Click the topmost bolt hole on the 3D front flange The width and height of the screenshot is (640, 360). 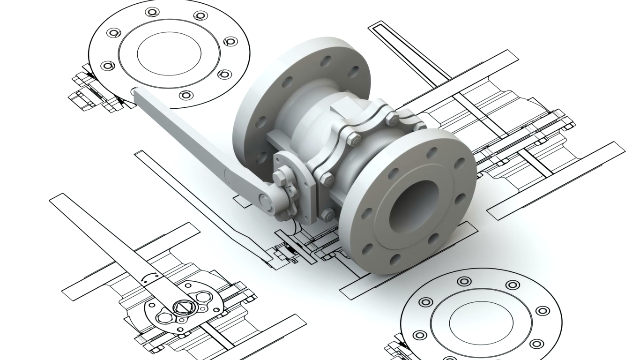click(432, 153)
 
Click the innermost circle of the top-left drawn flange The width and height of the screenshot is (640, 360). click(169, 53)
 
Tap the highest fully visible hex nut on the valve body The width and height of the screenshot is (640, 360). click(392, 119)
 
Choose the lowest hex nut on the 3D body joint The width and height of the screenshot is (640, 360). click(327, 215)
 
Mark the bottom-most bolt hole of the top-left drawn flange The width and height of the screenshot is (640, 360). click(186, 95)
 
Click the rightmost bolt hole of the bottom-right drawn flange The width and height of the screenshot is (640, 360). click(543, 311)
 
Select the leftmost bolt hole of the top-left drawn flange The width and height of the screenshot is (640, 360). click(107, 66)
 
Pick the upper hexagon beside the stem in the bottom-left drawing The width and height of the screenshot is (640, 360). click(203, 297)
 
